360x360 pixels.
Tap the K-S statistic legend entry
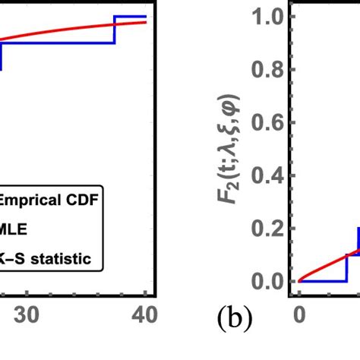click(x=46, y=259)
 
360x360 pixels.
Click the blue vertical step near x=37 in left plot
click(x=115, y=30)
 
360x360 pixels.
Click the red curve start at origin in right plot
click(x=300, y=281)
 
